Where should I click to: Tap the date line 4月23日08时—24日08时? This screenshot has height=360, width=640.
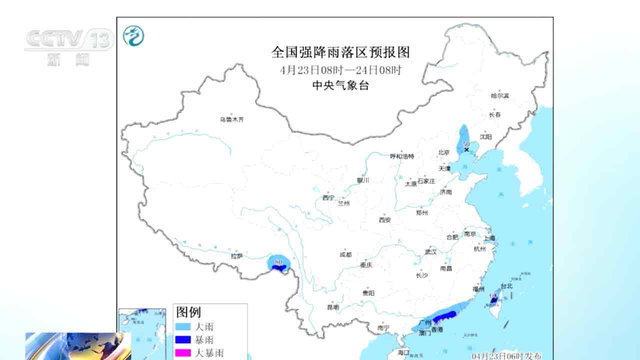[340, 70]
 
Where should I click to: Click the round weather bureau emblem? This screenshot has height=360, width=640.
[133, 36]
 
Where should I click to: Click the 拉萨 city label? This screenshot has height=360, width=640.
[236, 256]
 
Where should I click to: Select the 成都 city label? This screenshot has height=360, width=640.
[345, 254]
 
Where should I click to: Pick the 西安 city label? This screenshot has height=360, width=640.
[384, 219]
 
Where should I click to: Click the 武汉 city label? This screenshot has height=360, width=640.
[431, 252]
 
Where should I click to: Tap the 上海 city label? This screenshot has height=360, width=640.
[489, 238]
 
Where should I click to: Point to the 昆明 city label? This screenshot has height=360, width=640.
[332, 307]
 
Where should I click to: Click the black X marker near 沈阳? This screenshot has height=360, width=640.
[466, 149]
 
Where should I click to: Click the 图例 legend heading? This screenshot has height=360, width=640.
[188, 312]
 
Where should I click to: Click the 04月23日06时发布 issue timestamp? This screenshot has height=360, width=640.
[506, 355]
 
